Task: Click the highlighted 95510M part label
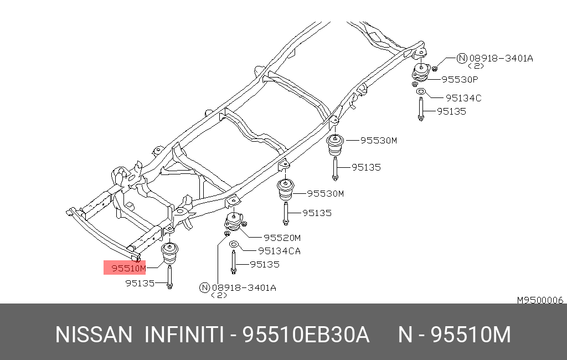(x=128, y=268)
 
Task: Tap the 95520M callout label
(x=282, y=238)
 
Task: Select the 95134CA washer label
(x=279, y=251)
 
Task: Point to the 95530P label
(x=460, y=79)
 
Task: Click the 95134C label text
(x=463, y=98)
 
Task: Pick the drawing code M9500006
(x=540, y=300)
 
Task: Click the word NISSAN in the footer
(x=94, y=335)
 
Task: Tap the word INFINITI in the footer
(x=184, y=335)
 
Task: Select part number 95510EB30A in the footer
(x=306, y=335)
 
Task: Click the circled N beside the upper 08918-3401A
(x=462, y=58)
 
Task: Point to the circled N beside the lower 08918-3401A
(x=205, y=287)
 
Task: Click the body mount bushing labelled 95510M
(x=169, y=254)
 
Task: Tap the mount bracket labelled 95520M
(x=234, y=222)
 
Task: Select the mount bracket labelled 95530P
(x=421, y=73)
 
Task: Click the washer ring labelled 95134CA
(x=234, y=245)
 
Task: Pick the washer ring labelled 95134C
(x=421, y=91)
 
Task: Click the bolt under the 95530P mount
(x=421, y=109)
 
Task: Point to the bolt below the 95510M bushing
(x=169, y=277)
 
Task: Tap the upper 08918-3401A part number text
(x=501, y=58)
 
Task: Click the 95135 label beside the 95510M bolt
(x=140, y=283)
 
